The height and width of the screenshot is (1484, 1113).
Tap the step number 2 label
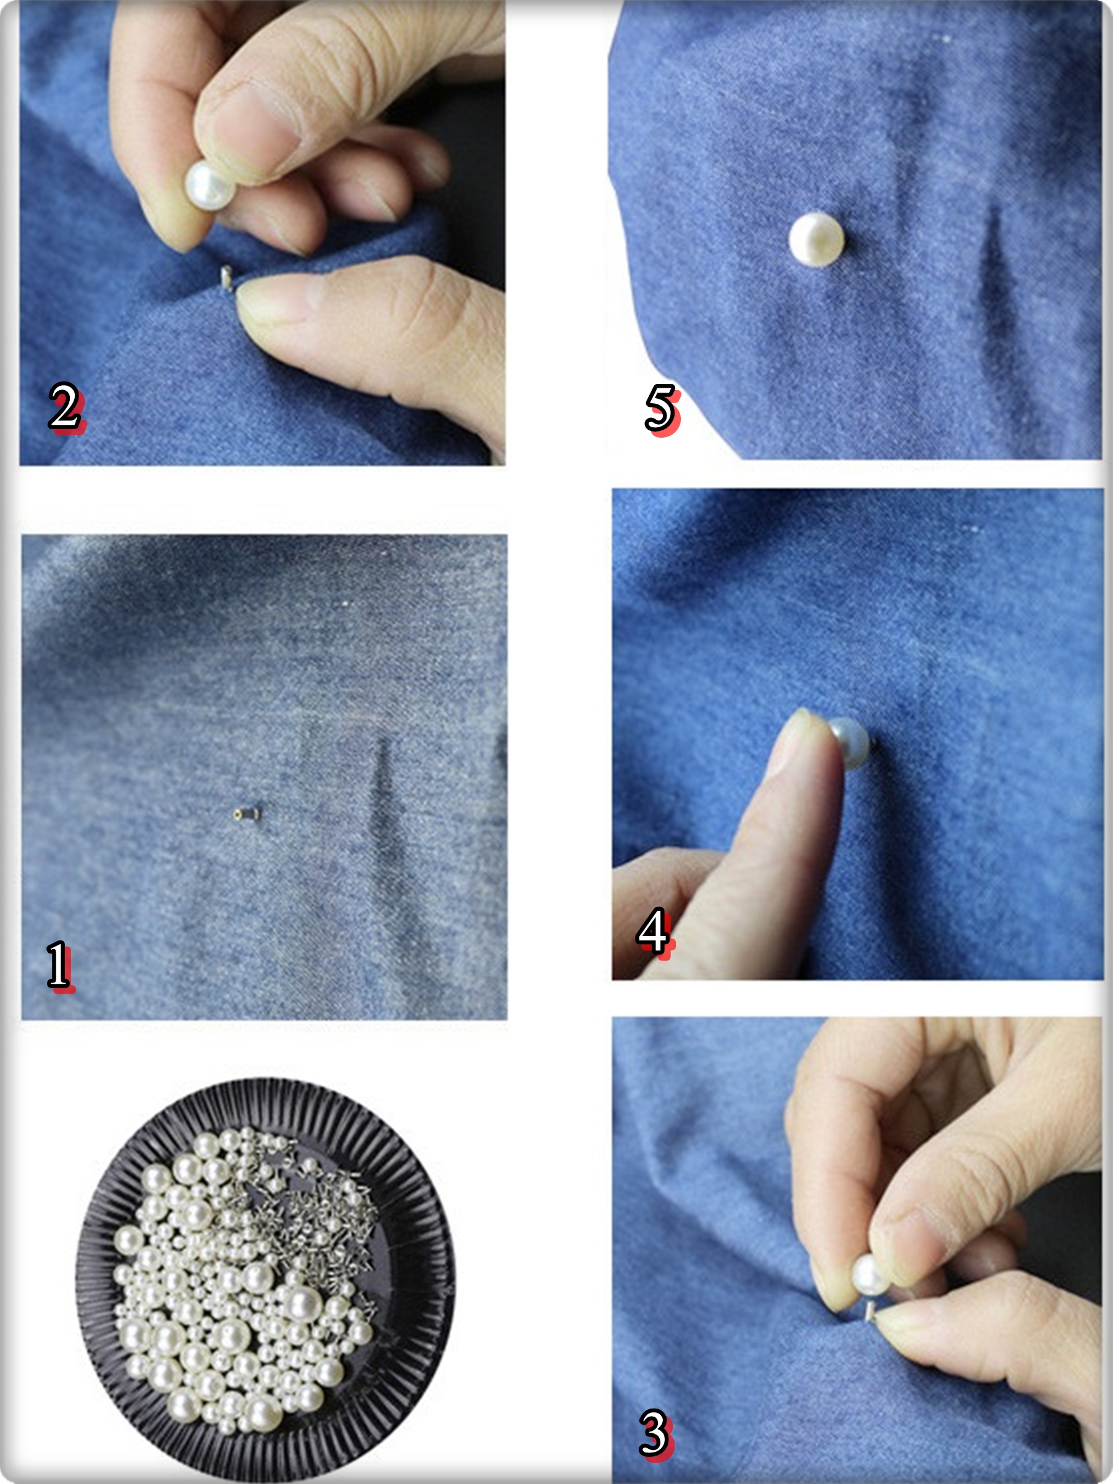pyautogui.click(x=66, y=407)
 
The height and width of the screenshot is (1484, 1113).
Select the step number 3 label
pyautogui.click(x=655, y=1434)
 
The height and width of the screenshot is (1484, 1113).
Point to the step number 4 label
pyautogui.click(x=654, y=932)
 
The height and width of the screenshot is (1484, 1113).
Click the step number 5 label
pyautogui.click(x=662, y=409)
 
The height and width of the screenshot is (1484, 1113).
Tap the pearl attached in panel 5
pyautogui.click(x=816, y=239)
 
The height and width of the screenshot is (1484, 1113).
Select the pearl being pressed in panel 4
pyautogui.click(x=850, y=743)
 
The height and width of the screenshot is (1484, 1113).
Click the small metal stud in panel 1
pyautogui.click(x=246, y=814)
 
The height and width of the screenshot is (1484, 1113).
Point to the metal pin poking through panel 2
pyautogui.click(x=228, y=278)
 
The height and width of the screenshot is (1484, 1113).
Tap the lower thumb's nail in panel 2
pyautogui.click(x=271, y=301)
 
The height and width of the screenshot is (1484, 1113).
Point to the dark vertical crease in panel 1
pyautogui.click(x=382, y=798)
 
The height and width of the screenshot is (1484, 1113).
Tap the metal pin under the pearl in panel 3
pyautogui.click(x=870, y=1309)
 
